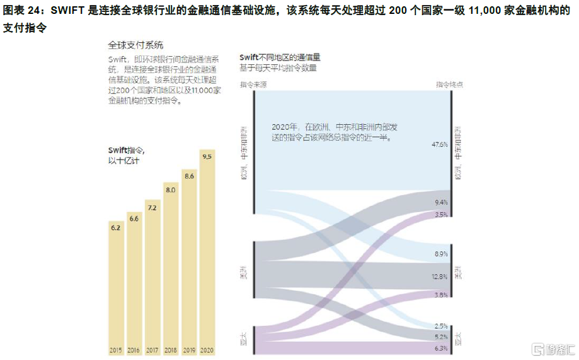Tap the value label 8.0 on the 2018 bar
tap(170, 189)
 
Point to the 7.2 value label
tap(152, 207)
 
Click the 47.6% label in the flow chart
tap(440, 144)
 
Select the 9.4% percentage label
tap(441, 202)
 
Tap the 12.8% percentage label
tap(440, 277)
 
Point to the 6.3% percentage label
tap(441, 348)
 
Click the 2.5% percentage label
tap(441, 326)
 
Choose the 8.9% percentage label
tap(441, 254)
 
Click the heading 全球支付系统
tap(135, 45)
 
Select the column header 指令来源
tap(253, 84)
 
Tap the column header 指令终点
tap(450, 84)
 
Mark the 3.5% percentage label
tap(441, 215)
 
